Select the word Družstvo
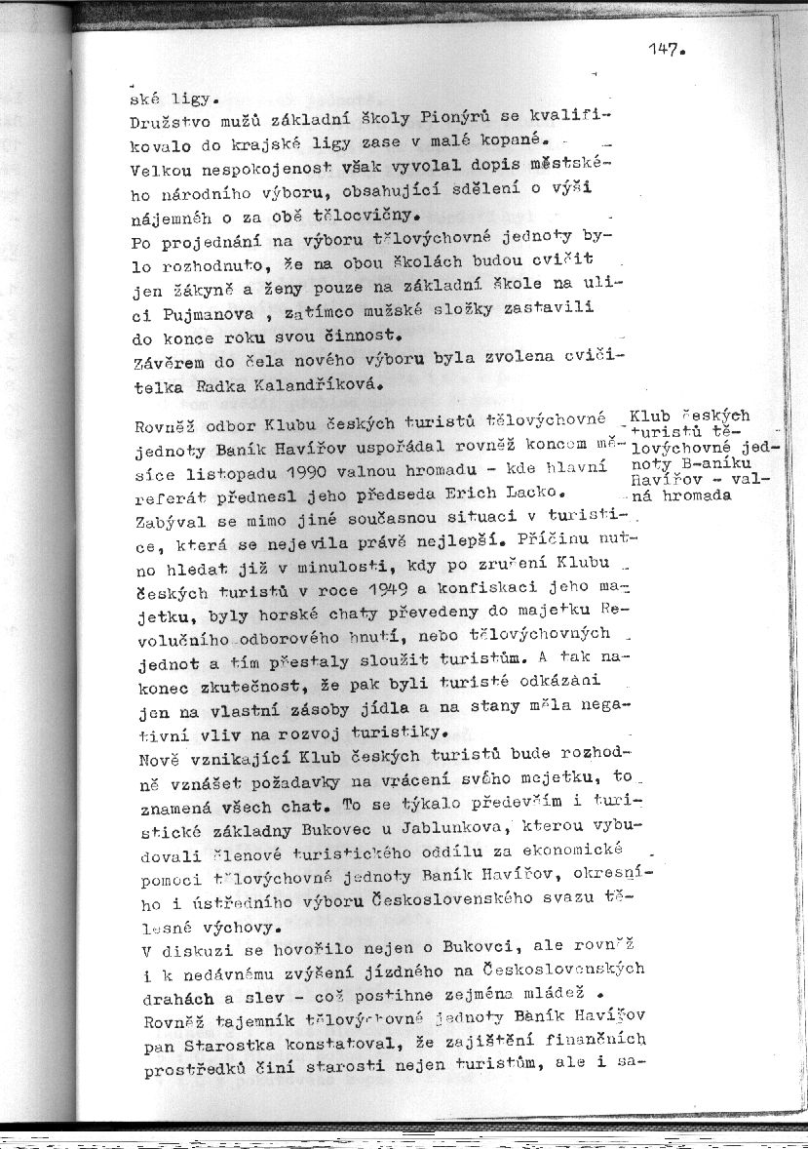click(166, 124)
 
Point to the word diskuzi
click(191, 946)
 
